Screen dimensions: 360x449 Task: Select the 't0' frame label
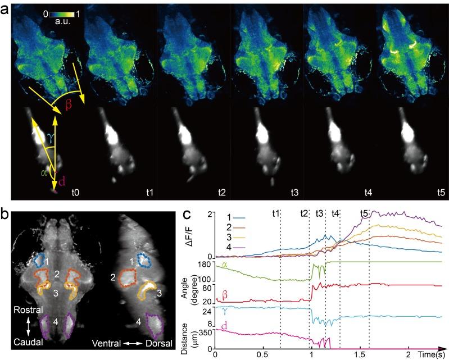75,192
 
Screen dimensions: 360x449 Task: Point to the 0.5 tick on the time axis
263,356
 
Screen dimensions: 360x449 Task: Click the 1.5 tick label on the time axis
360,356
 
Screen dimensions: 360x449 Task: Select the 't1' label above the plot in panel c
276,213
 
